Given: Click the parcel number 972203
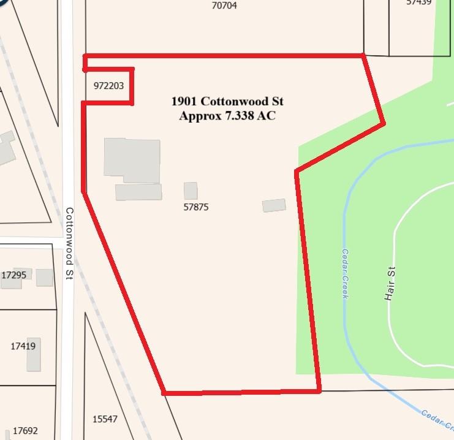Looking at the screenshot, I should click(108, 86).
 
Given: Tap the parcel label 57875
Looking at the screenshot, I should click(196, 207).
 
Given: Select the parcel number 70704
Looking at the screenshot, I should click(224, 6).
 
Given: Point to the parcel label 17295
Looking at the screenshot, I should click(13, 275).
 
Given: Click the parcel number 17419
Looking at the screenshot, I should click(23, 346).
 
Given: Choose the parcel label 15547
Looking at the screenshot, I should click(104, 419).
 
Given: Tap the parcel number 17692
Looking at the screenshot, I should click(25, 431).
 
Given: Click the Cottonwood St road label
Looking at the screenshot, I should click(69, 244).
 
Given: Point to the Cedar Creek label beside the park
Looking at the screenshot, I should click(346, 273).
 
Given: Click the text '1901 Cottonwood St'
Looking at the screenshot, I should click(227, 101).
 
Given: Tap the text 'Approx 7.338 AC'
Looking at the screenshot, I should click(227, 115).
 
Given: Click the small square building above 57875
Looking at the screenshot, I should click(191, 191).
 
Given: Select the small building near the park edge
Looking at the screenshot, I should click(274, 205).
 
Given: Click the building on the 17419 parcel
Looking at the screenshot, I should click(33, 354).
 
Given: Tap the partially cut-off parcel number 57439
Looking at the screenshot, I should click(418, 2).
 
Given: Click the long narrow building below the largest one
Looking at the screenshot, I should click(138, 192).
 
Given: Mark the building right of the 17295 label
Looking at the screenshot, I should click(44, 278).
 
